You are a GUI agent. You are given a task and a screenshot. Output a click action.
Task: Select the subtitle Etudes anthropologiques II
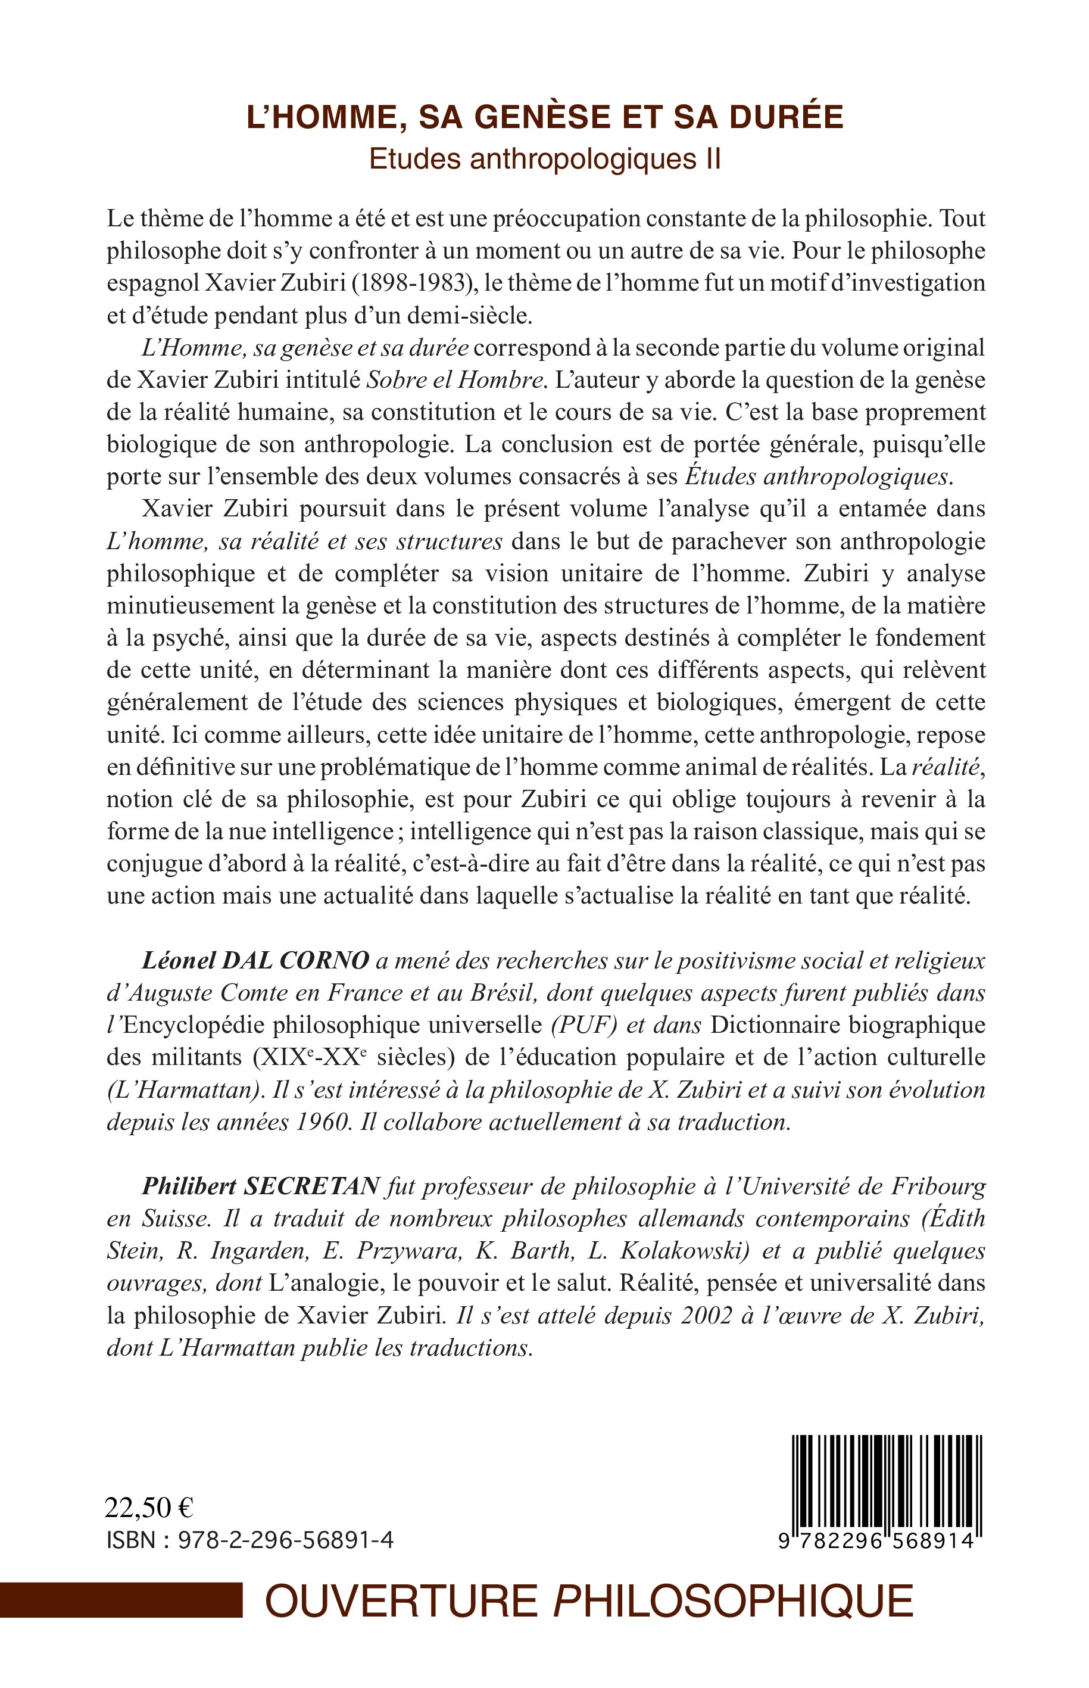pos(544,159)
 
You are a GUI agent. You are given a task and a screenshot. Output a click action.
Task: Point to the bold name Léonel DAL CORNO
pos(255,960)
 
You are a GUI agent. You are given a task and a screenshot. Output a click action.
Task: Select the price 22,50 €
pos(148,1508)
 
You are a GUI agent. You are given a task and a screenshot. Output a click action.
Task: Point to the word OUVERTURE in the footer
pos(400,1600)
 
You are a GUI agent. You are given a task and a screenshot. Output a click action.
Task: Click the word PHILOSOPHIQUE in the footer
pos(732,1600)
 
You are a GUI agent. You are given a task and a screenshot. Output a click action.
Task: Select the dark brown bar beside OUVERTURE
pos(120,1600)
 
